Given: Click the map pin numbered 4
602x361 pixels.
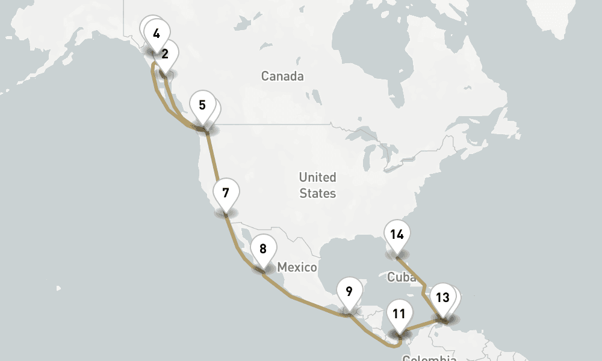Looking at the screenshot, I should tap(157, 34).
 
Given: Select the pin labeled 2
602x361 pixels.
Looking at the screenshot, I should tap(164, 54).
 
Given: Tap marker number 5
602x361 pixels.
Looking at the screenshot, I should tap(202, 105).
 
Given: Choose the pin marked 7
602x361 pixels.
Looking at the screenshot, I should tap(226, 193).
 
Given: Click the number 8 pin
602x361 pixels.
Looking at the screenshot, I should tap(263, 248).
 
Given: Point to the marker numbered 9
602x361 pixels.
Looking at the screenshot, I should tap(349, 292).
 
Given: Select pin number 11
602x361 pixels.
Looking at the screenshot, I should tap(399, 313).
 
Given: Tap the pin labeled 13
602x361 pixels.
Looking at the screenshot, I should tap(442, 297).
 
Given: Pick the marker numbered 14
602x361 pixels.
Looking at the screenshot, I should tap(396, 235).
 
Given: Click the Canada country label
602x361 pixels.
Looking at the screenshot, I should tap(282, 76).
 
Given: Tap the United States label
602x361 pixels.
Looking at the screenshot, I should tap(317, 185).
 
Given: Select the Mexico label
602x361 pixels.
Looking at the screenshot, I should tap(297, 267).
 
